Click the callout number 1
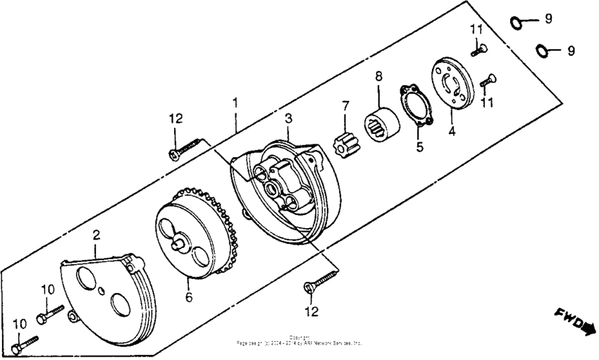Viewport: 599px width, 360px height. coord(235,103)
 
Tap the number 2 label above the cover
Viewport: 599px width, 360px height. coord(97,235)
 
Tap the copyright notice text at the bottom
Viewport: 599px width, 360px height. coord(299,341)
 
